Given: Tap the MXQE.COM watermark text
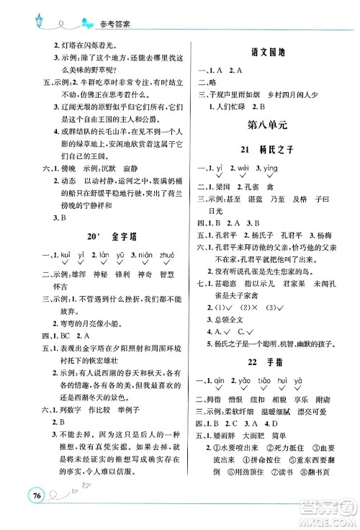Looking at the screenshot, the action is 328,518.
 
